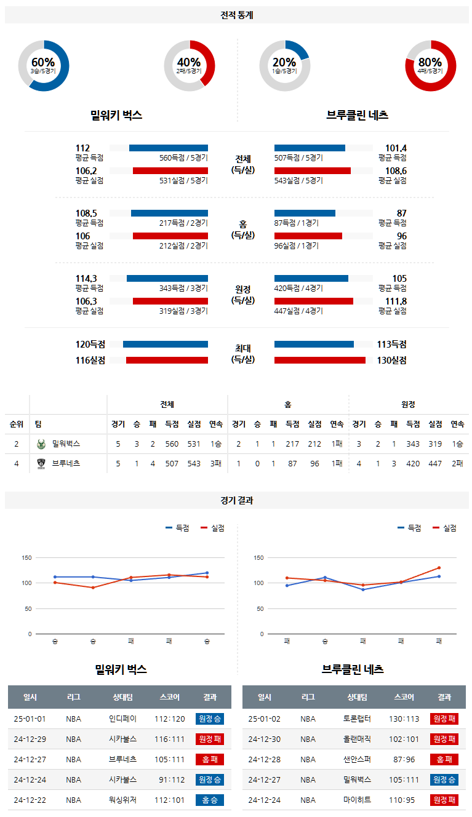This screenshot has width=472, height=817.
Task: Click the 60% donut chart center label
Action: pos(43,63)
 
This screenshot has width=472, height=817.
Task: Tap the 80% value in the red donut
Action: pos(430,63)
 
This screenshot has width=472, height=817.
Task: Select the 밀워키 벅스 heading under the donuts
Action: pos(116,115)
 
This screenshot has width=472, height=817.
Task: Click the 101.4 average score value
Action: pos(396,148)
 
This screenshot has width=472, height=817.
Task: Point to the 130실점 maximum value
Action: pos(391,361)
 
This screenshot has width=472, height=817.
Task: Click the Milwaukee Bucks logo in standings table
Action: pos(41,444)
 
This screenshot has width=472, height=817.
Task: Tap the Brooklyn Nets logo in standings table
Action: pos(41,463)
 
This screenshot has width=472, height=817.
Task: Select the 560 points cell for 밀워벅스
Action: pos(172,444)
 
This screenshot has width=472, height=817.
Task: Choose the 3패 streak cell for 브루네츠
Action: pos(215,463)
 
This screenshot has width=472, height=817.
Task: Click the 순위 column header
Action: pos(17,424)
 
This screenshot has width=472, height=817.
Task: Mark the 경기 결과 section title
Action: pos(236,501)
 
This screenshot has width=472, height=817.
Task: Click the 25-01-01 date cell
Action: pos(30,719)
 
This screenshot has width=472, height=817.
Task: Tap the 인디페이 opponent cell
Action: pos(122,719)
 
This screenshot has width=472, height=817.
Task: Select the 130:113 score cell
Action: pos(404,719)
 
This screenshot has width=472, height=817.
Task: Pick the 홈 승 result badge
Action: pos(210,800)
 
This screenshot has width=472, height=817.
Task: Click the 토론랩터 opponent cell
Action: pos(357,719)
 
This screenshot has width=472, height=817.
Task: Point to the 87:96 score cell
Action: pos(404,759)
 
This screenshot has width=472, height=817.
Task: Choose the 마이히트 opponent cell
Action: pos(357,800)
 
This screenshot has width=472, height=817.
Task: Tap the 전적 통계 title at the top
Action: pos(236,15)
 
